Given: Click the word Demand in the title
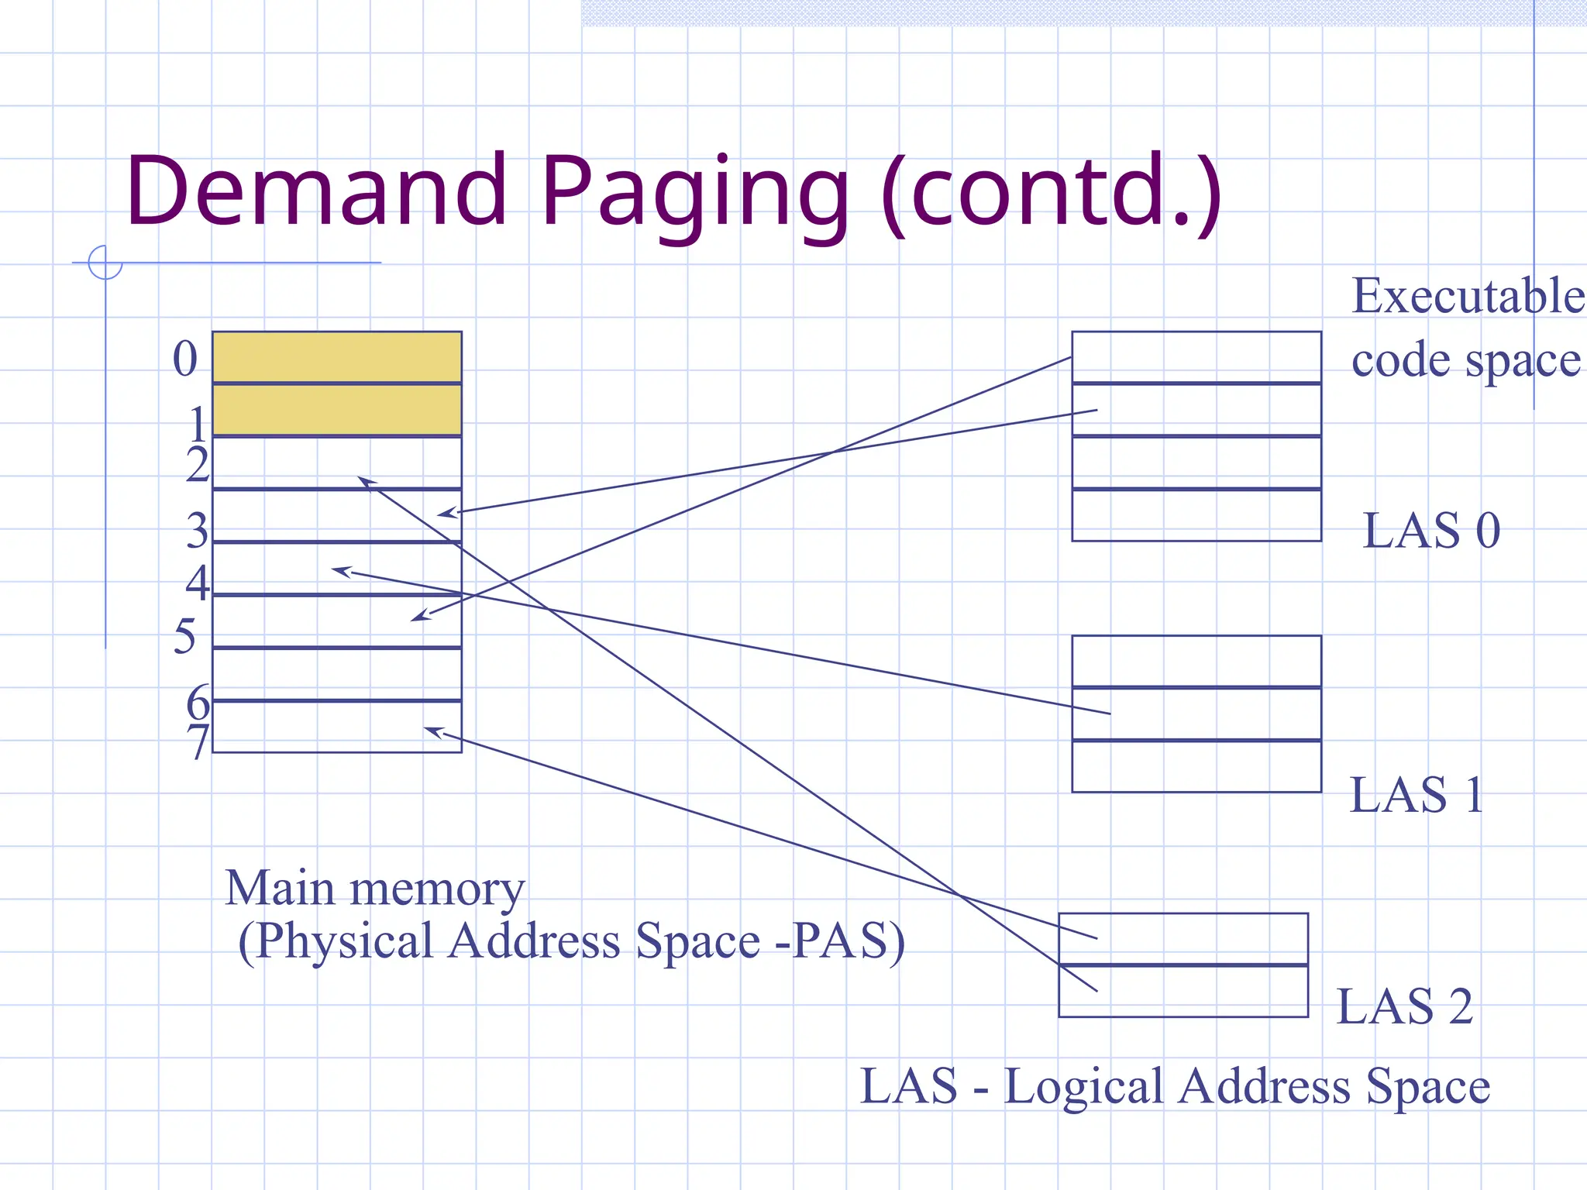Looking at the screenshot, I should tap(316, 191).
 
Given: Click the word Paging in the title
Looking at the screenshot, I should tap(694, 194).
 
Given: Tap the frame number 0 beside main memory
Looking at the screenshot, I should tap(185, 359).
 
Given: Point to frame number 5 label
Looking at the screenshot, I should tap(184, 637).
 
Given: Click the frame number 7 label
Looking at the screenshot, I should tap(198, 741).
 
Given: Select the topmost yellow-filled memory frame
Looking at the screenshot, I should tap(337, 357).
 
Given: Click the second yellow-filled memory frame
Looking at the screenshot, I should tap(337, 410).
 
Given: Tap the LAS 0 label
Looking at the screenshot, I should tap(1430, 531).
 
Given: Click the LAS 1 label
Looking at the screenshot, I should tap(1417, 795).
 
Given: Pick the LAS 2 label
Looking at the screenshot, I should tap(1404, 1006).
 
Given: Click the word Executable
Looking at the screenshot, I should tap(1468, 296).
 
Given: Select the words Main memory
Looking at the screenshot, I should tap(375, 888).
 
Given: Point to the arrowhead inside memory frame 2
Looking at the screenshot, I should tap(366, 482).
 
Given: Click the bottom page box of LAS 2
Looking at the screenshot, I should tap(1183, 991).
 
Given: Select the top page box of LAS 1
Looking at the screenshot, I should tap(1196, 661).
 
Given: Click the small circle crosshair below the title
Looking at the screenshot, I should tap(105, 262).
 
